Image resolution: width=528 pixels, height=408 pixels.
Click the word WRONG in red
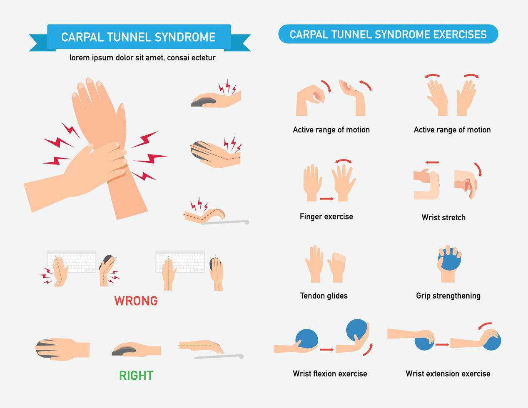(x=136, y=301)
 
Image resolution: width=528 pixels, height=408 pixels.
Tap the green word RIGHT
(x=136, y=376)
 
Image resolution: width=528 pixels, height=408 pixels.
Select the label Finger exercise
(x=326, y=216)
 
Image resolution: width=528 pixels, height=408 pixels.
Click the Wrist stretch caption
(x=443, y=217)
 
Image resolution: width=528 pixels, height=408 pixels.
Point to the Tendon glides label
(x=324, y=296)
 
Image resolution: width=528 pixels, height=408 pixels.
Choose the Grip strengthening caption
(x=448, y=296)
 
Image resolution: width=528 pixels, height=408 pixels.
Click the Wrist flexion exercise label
(x=330, y=373)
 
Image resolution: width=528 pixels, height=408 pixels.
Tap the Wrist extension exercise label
(x=448, y=373)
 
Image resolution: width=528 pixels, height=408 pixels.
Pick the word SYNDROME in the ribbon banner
(x=185, y=37)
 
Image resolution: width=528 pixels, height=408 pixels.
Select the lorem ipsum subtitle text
(x=142, y=58)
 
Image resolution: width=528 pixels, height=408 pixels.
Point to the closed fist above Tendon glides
(x=337, y=266)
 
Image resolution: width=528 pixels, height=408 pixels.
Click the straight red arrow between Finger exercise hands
(x=326, y=199)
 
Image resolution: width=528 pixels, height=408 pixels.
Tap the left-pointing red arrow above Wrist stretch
(x=432, y=162)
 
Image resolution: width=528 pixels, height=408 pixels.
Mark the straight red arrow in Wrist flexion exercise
(x=326, y=350)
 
